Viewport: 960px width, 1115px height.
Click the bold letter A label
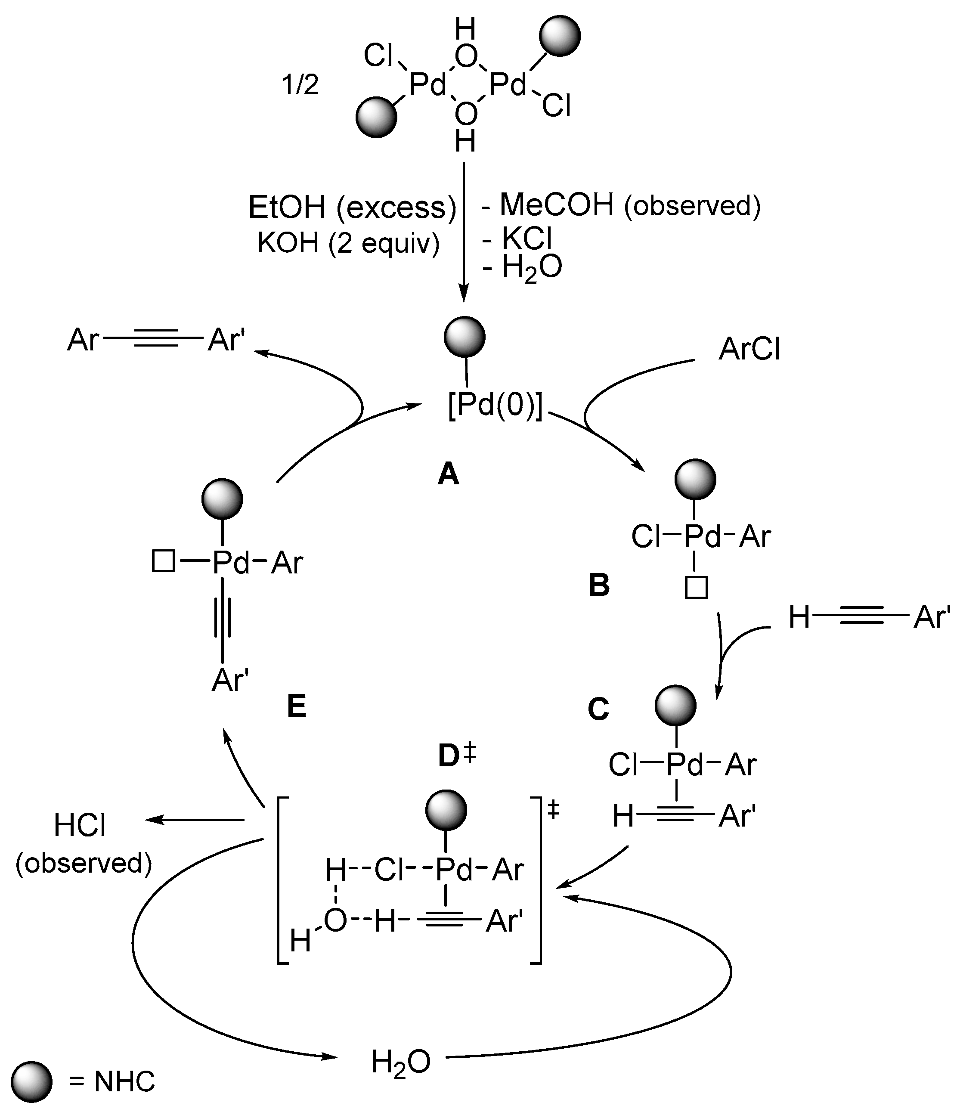[449, 474]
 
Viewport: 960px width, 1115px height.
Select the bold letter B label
[599, 585]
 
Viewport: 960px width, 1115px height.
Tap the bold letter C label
[598, 709]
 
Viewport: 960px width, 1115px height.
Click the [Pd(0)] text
[495, 405]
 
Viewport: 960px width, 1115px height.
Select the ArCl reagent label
[749, 349]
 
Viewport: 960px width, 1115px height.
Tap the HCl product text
[80, 826]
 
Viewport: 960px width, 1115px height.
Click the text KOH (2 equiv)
[348, 243]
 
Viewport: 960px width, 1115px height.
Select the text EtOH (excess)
[352, 207]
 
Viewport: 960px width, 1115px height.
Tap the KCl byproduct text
[527, 238]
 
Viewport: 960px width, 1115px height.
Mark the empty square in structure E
[163, 562]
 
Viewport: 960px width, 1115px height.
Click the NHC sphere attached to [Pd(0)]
[465, 337]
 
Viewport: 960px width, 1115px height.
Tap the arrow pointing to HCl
[194, 820]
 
